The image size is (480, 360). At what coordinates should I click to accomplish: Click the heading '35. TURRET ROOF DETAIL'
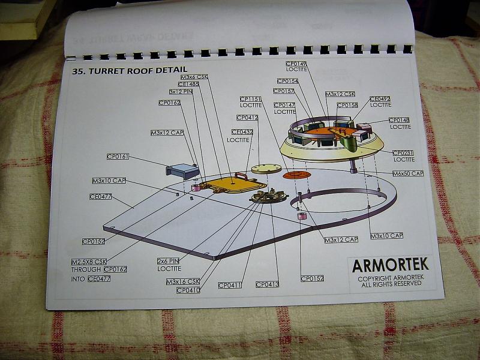click(x=125, y=70)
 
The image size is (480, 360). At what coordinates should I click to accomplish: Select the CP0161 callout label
click(x=118, y=157)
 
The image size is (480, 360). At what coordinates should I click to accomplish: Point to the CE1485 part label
click(x=188, y=85)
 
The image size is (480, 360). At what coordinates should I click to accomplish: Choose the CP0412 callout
click(x=247, y=118)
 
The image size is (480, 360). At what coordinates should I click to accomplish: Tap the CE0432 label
click(x=242, y=132)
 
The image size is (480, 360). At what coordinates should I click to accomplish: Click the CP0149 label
click(x=296, y=64)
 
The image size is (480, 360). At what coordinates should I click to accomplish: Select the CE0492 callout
click(x=380, y=99)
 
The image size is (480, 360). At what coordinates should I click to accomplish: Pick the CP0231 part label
click(x=403, y=153)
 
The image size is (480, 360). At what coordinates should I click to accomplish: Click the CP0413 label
click(x=267, y=284)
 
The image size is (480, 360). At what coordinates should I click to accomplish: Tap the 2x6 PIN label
click(x=169, y=262)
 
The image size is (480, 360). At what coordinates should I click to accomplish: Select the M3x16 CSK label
click(x=183, y=281)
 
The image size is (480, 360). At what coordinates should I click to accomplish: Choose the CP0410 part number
click(x=188, y=290)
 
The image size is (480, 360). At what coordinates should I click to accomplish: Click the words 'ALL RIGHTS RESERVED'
click(x=390, y=284)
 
